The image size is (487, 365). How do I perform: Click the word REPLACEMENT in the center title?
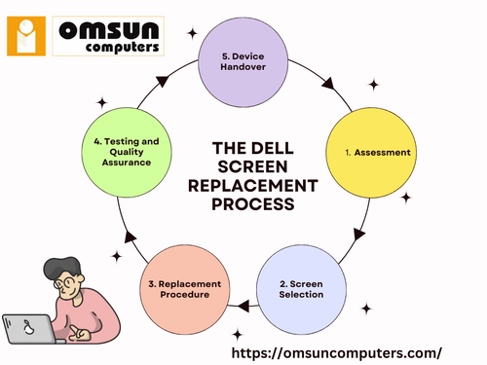pyautogui.click(x=256, y=185)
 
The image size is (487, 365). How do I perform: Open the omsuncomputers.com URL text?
pyautogui.click(x=336, y=348)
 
